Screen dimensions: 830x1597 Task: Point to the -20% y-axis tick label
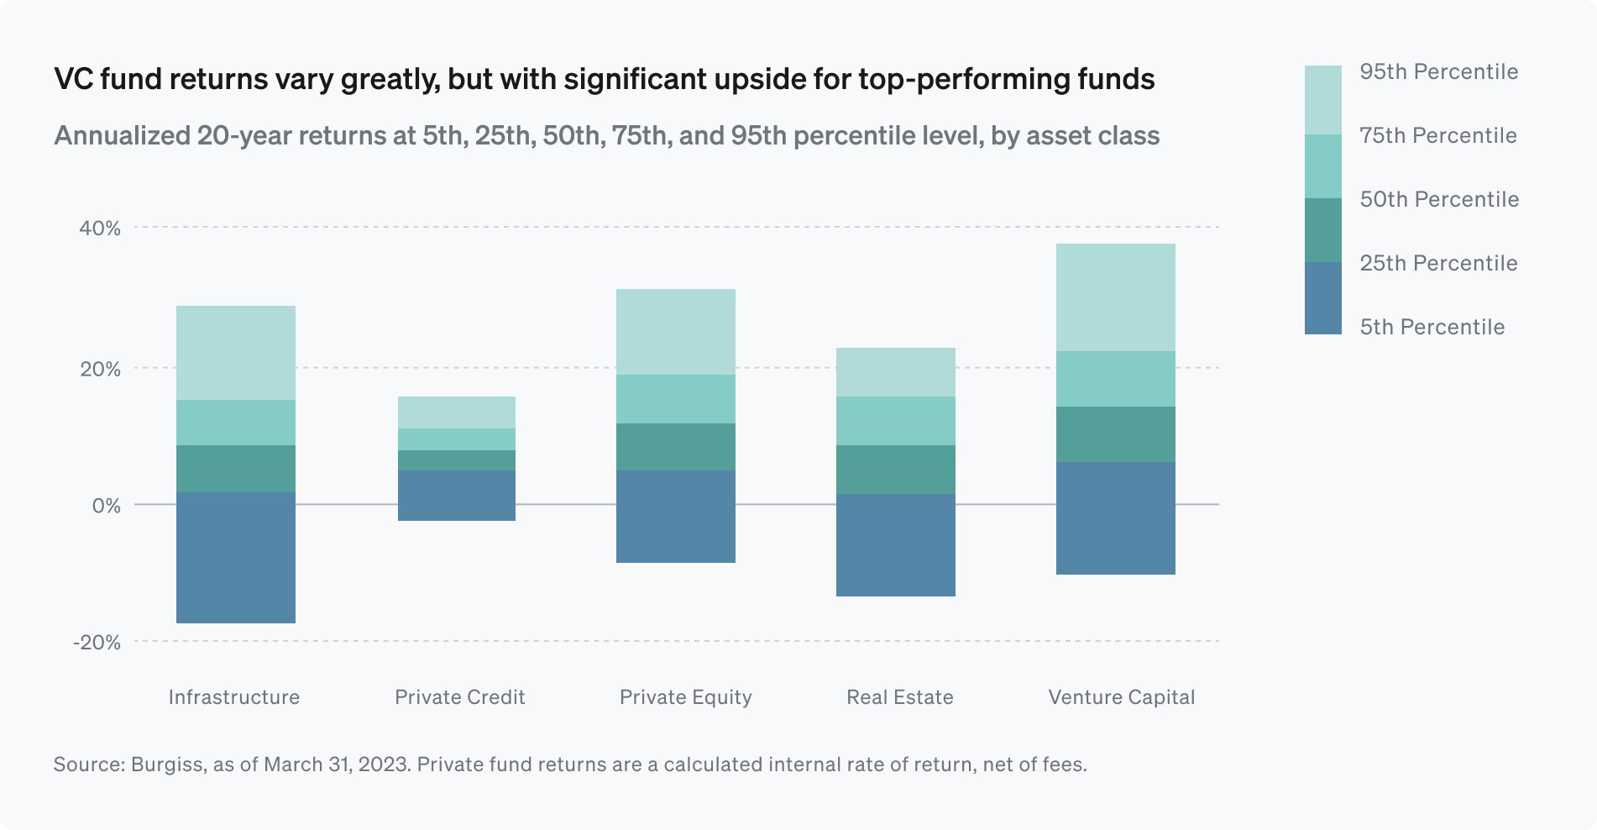point(97,643)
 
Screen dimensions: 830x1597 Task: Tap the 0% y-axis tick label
point(106,506)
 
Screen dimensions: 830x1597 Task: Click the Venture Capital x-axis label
point(1121,697)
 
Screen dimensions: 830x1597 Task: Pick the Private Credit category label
point(459,697)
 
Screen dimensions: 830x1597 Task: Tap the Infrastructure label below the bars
point(233,697)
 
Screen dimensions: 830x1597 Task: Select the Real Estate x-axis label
point(899,697)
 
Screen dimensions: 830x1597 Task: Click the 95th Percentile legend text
point(1438,72)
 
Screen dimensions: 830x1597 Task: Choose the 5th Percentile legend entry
point(1432,327)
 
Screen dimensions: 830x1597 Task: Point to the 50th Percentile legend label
point(1439,200)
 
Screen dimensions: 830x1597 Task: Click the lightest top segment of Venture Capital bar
point(1115,297)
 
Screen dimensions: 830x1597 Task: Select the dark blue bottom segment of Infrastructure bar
point(236,558)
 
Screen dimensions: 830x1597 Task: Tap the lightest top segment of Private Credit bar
point(456,412)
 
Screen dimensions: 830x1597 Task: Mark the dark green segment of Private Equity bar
point(676,447)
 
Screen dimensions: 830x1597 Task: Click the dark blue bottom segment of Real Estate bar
point(896,545)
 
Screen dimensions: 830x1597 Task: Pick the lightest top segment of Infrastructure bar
point(236,353)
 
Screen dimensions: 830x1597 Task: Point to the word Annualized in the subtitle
point(122,136)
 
